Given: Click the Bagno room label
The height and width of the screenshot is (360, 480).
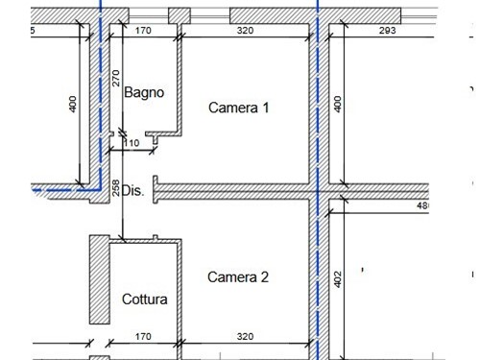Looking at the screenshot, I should click(x=144, y=93).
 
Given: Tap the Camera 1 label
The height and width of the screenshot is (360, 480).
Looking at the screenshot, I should click(x=238, y=108).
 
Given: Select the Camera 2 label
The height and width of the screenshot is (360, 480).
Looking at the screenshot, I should click(x=238, y=277).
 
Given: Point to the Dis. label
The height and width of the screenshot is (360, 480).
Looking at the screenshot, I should click(x=132, y=190).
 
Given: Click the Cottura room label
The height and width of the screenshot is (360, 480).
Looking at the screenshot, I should click(x=144, y=300).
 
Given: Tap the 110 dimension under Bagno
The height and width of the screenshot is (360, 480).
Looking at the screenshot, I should click(x=132, y=143).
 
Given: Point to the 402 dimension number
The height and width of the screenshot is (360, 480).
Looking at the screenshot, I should click(x=337, y=278).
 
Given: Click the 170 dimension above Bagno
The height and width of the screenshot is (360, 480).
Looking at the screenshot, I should click(x=143, y=30).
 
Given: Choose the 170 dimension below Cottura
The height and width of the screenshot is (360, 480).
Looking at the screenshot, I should click(x=143, y=337).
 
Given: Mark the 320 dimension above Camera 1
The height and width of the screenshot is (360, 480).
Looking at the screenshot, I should click(x=245, y=30).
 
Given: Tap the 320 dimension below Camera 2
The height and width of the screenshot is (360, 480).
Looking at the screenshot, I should click(x=245, y=337).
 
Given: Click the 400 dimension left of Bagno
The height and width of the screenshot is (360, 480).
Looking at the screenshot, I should click(x=73, y=105).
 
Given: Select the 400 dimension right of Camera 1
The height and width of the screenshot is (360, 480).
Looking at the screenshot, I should click(x=337, y=104).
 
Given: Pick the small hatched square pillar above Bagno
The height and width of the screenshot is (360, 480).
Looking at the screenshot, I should click(x=179, y=16).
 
